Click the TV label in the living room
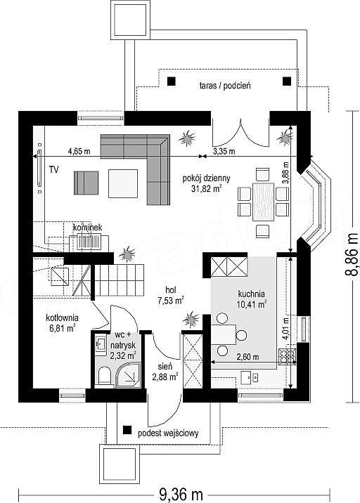coord(54,169)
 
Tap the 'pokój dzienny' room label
coord(206,178)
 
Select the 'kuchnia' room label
coord(252,294)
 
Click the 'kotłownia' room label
coord(63,318)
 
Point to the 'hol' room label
coord(171,290)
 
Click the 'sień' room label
coord(165,367)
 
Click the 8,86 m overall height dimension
coord(352,255)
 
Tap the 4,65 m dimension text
coord(79,151)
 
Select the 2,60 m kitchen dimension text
coord(248,357)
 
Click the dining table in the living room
coord(264,202)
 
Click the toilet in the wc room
coord(104,377)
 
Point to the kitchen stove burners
coord(288,356)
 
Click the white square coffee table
coord(123,183)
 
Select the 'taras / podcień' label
coord(225,86)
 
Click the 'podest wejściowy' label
coord(168,433)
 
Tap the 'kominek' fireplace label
coord(87,228)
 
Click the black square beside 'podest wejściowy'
coord(127,430)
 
